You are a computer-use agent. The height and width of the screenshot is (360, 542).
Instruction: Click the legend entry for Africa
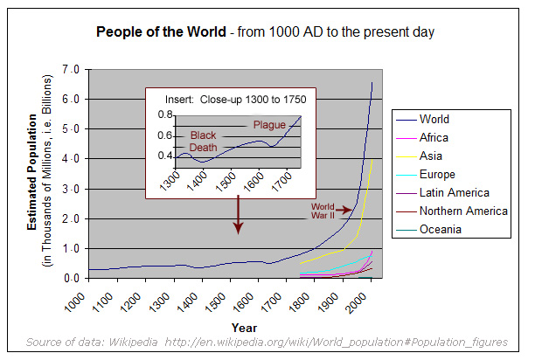(x=434, y=137)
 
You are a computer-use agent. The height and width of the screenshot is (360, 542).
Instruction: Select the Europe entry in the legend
(x=437, y=174)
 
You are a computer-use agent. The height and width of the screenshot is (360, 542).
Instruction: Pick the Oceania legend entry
(x=440, y=230)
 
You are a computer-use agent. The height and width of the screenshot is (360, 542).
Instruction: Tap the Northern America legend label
(x=463, y=211)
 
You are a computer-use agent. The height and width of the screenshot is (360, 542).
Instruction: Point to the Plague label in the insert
(x=269, y=125)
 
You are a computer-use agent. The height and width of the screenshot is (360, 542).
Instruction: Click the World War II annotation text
(x=323, y=210)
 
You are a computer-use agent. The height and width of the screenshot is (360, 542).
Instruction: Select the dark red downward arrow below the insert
(x=238, y=214)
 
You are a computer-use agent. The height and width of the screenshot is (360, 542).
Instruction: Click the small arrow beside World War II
(x=345, y=210)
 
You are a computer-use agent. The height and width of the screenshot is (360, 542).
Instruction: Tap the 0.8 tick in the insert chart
(x=166, y=115)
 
